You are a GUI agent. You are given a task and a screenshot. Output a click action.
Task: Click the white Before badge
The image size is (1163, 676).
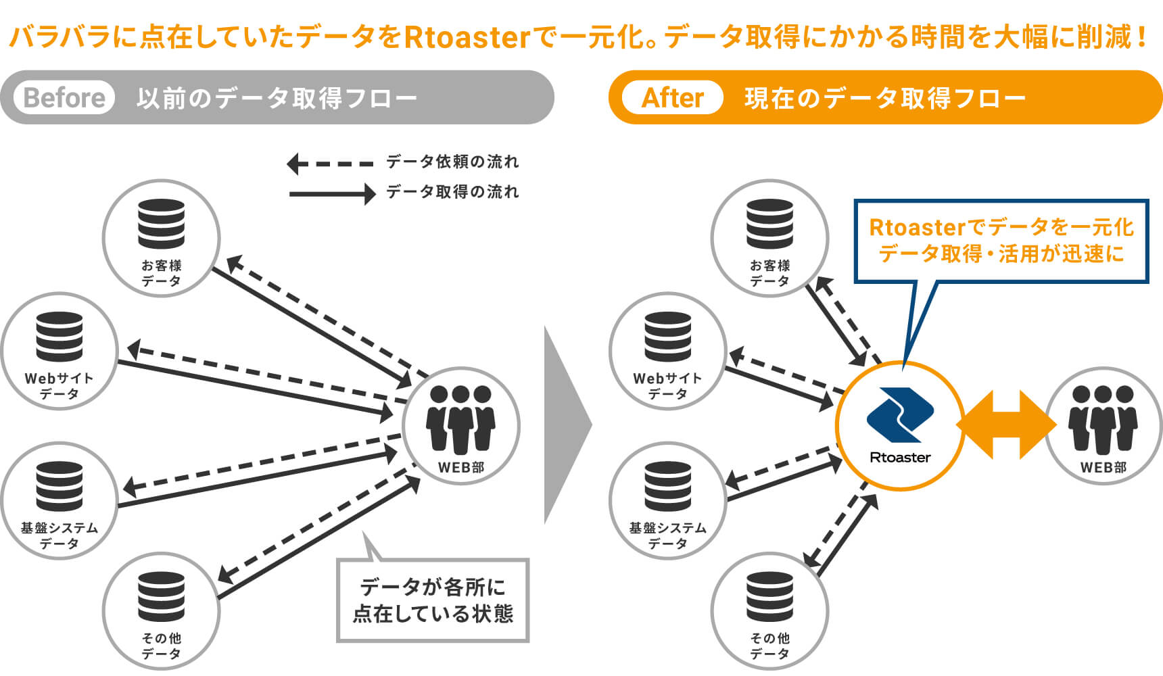pyautogui.click(x=64, y=97)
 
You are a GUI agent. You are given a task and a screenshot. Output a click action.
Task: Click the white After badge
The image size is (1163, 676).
pyautogui.click(x=672, y=97)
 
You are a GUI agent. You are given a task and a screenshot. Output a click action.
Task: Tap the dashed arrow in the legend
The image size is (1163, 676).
pyautogui.click(x=330, y=164)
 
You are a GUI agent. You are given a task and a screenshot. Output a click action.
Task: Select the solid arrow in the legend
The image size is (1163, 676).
pyautogui.click(x=332, y=194)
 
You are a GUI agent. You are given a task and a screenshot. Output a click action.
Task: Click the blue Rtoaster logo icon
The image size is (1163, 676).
pyautogui.click(x=900, y=414)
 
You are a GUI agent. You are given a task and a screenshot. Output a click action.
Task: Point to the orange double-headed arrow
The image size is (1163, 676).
pyautogui.click(x=1006, y=425)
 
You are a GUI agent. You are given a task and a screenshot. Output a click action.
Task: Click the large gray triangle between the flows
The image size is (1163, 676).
pyautogui.click(x=568, y=425)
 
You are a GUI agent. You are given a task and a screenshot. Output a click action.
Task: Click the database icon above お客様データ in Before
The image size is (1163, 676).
pyautogui.click(x=161, y=224)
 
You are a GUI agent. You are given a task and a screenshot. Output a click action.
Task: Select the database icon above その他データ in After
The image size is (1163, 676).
pyautogui.click(x=769, y=597)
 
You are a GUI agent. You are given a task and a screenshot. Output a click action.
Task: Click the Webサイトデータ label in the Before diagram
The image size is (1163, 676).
pyautogui.click(x=60, y=386)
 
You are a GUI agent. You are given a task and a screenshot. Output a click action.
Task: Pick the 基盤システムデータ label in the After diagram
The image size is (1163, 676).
pyautogui.click(x=668, y=535)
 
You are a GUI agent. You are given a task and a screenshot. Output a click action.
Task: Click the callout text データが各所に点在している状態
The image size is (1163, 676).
pyautogui.click(x=433, y=600)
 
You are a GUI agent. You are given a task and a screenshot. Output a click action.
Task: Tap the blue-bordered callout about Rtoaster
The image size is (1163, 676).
pyautogui.click(x=1001, y=241)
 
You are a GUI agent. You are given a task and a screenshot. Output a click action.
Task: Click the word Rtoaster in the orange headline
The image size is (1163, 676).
pyautogui.click(x=467, y=37)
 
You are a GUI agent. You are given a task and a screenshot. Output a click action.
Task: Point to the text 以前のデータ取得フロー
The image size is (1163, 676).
pyautogui.click(x=277, y=98)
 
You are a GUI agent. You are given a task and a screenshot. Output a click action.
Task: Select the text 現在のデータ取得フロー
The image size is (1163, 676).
pyautogui.click(x=885, y=98)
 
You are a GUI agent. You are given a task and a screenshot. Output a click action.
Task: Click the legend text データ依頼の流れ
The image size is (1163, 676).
pyautogui.click(x=452, y=162)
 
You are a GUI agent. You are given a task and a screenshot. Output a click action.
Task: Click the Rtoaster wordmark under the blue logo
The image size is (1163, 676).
pyautogui.click(x=900, y=458)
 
